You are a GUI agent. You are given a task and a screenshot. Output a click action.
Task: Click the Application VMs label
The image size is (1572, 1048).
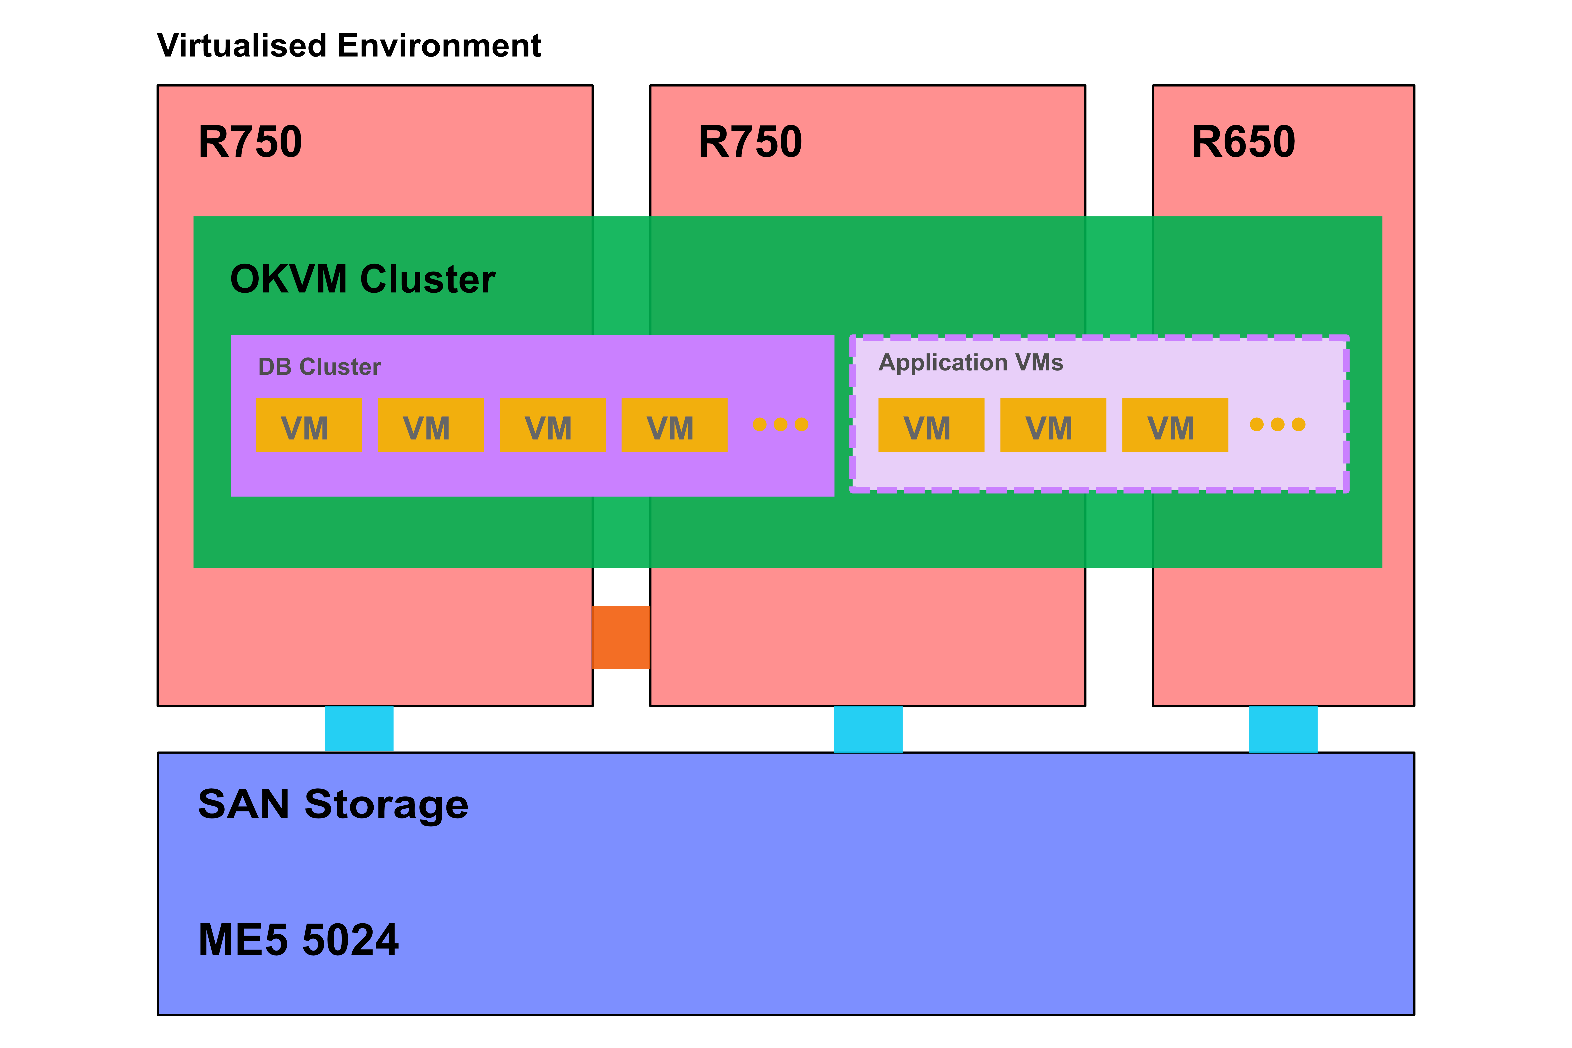pyautogui.click(x=970, y=362)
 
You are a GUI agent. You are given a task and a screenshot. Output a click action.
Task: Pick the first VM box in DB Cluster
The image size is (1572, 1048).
pyautogui.click(x=308, y=425)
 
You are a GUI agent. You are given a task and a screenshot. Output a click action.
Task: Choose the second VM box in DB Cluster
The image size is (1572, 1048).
pyautogui.click(x=430, y=425)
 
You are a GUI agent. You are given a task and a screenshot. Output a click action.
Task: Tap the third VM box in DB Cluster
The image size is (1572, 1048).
pyautogui.click(x=552, y=425)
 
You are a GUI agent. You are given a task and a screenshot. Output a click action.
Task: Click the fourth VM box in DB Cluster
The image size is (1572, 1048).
pyautogui.click(x=674, y=425)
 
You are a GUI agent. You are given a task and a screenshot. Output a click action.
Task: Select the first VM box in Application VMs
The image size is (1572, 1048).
pyautogui.click(x=931, y=425)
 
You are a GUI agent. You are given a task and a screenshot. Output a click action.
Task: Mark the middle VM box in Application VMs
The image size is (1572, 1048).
pyautogui.click(x=1053, y=425)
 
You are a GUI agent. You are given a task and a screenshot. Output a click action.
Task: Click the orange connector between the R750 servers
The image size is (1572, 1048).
pyautogui.click(x=621, y=637)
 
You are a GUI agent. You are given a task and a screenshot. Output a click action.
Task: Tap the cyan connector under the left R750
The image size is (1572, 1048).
pyautogui.click(x=359, y=729)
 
